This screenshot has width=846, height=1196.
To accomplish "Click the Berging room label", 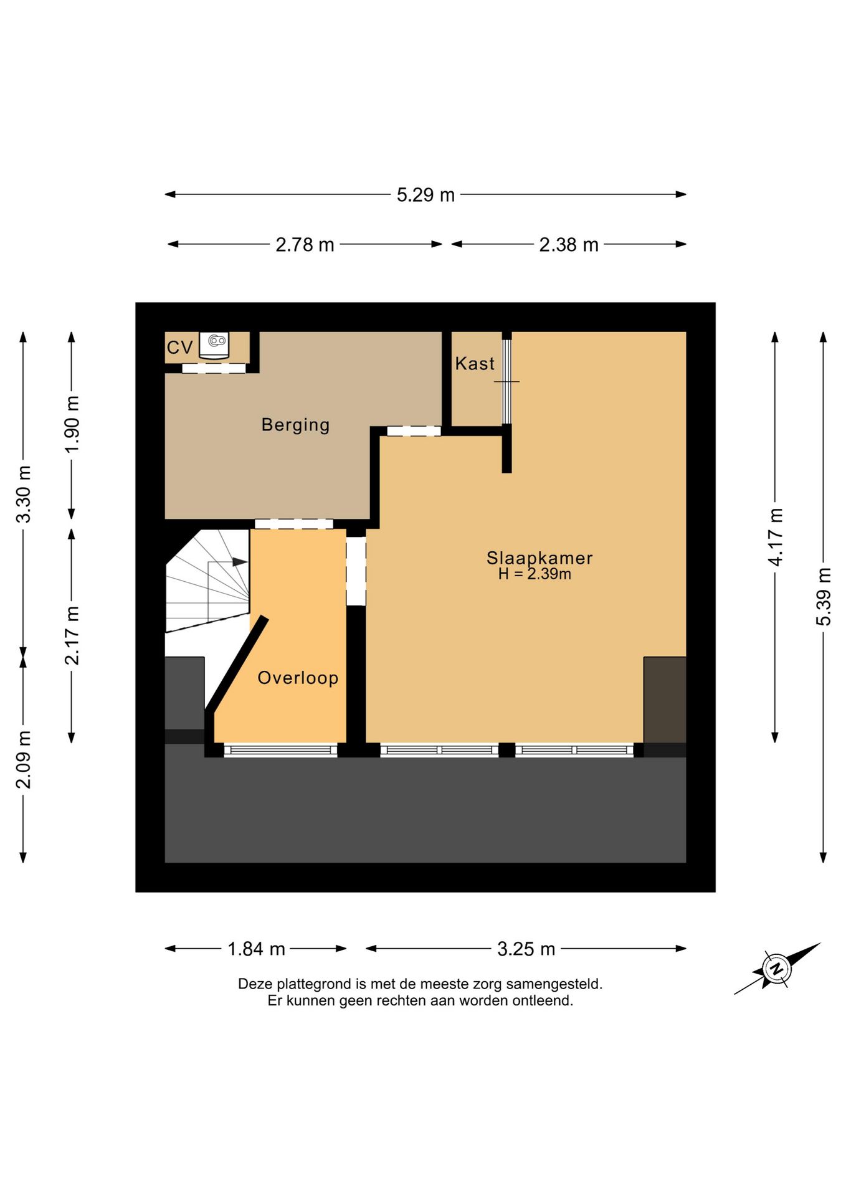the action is point(295,425).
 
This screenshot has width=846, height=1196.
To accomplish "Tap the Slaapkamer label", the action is point(539,558).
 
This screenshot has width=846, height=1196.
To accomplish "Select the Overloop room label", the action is point(298,678).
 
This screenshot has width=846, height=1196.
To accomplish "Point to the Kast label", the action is point(475,363).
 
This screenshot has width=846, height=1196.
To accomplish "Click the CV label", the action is point(179,347).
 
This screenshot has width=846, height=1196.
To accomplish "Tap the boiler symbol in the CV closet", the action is point(215,344).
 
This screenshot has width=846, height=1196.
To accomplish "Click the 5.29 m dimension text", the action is point(425,195).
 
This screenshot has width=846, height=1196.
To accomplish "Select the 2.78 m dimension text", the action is point(305,245).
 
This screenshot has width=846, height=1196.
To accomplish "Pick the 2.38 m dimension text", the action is point(569,245).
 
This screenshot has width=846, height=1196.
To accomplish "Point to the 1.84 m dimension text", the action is point(256,949).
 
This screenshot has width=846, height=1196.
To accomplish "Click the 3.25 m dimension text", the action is point(526,949).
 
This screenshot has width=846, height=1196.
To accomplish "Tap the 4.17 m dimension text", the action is point(775,537).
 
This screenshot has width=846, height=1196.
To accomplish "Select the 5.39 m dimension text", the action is point(824,597).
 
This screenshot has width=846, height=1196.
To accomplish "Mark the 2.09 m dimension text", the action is point(24,760).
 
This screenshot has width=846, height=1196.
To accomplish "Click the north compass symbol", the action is point(777,969).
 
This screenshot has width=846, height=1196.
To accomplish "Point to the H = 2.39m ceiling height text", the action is point(535,574).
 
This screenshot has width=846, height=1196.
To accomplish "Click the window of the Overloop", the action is point(280,751).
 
